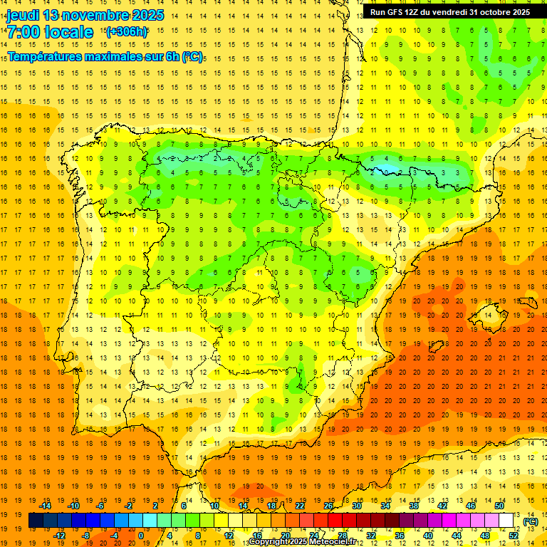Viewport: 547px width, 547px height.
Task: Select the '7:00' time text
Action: coord(23,32)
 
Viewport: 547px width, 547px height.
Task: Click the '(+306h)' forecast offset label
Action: coord(127,31)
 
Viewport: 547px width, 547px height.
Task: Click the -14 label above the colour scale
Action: coord(46,506)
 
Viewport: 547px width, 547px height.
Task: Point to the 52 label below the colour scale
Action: coord(514,535)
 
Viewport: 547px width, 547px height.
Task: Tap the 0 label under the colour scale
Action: coord(141,535)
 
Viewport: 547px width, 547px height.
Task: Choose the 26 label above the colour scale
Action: coord(328,506)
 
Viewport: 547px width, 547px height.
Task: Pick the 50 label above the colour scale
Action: coord(499,506)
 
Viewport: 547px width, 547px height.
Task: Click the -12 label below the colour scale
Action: coord(59,535)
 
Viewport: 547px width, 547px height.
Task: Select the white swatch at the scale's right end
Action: coord(506,521)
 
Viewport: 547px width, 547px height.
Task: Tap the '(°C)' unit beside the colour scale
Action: coord(531,521)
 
